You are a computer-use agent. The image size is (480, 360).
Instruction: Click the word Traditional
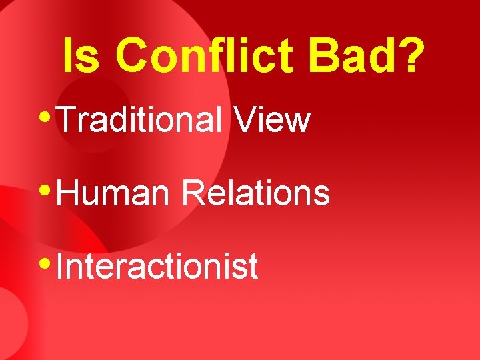click(140, 120)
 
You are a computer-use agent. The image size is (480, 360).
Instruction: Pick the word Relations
click(256, 193)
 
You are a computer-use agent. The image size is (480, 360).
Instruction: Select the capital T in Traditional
click(67, 120)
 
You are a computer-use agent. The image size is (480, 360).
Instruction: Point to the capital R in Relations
click(194, 193)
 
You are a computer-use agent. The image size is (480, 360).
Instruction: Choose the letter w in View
click(297, 123)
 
